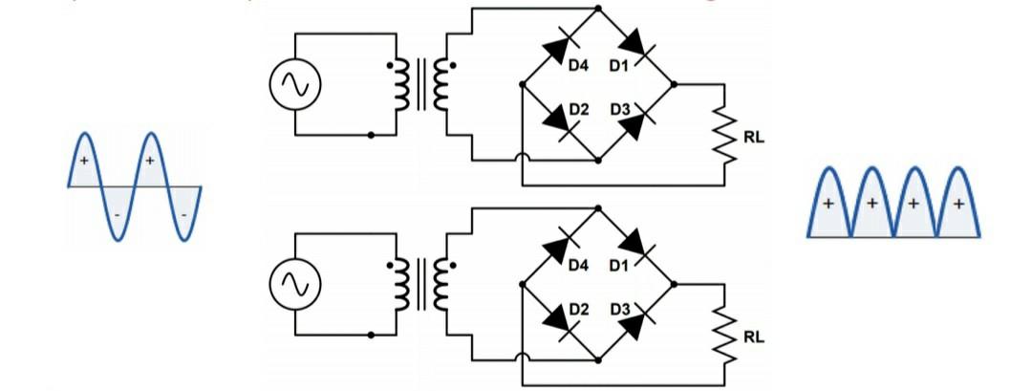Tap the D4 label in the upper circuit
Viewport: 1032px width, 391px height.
577,67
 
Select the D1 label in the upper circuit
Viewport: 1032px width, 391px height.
618,67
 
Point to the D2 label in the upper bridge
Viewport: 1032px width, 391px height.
577,110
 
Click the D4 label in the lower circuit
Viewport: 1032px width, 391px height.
577,265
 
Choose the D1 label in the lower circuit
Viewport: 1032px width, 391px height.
618,265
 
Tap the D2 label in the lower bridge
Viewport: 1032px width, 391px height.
577,309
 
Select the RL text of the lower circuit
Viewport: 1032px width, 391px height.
754,337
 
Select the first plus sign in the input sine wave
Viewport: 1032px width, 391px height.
85,162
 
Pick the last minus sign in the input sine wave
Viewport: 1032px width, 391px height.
183,214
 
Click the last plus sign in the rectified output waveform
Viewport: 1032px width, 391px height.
958,205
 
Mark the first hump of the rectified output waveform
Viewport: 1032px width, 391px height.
828,201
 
